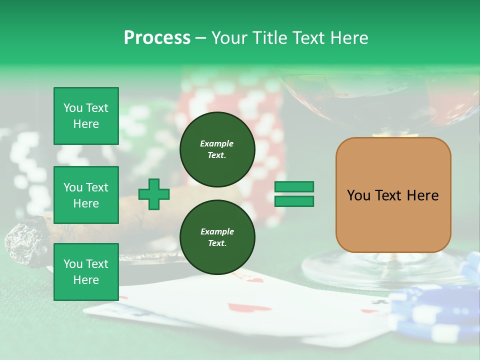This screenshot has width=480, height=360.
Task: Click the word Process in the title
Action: tap(157, 37)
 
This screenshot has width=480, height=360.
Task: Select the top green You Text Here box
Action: tap(86, 116)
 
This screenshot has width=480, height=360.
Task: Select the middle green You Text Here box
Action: tap(86, 195)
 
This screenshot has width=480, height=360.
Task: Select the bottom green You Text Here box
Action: tap(86, 272)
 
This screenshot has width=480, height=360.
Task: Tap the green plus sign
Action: tap(154, 194)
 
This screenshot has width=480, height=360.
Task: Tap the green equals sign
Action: tap(294, 194)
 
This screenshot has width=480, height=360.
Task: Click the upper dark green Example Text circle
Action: tap(217, 149)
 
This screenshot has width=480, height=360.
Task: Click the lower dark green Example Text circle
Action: tap(217, 237)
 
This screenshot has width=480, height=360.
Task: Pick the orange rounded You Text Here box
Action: tap(393, 195)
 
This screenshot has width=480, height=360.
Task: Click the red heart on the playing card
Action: tap(238, 307)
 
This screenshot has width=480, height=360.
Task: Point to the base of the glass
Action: tap(380, 270)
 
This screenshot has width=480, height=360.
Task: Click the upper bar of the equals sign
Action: tap(294, 187)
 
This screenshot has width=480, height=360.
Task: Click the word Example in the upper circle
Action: tap(217, 143)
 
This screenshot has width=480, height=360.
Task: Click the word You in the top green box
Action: tap(72, 108)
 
